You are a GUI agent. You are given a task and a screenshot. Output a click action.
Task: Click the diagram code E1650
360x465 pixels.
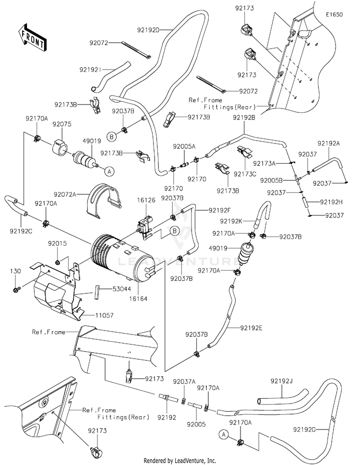334,14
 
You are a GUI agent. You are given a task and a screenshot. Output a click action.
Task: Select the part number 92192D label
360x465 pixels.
148,30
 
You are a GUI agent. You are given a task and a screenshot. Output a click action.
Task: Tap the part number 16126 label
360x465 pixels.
146,200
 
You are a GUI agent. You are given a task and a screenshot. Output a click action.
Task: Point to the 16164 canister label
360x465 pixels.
138,298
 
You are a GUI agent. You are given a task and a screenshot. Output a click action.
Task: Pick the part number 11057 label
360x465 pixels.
104,315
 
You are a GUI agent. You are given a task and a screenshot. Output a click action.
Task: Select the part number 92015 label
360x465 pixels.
58,243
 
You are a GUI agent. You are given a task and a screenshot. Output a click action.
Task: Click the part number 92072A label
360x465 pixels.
65,194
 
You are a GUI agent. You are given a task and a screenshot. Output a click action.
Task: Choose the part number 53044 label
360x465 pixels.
121,288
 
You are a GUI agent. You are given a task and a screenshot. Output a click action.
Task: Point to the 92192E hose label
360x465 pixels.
251,328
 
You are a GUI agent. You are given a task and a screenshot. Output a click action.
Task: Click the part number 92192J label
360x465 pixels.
281,381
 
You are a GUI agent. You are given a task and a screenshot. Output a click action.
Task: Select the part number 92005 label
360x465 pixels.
196,424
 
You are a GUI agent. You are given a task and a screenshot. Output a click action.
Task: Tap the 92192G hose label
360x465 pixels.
304,429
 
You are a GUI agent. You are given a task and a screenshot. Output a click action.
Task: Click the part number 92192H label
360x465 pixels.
332,202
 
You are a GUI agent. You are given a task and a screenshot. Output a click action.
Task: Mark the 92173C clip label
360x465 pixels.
245,174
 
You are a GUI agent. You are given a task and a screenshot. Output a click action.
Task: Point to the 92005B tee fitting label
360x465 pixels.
271,180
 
